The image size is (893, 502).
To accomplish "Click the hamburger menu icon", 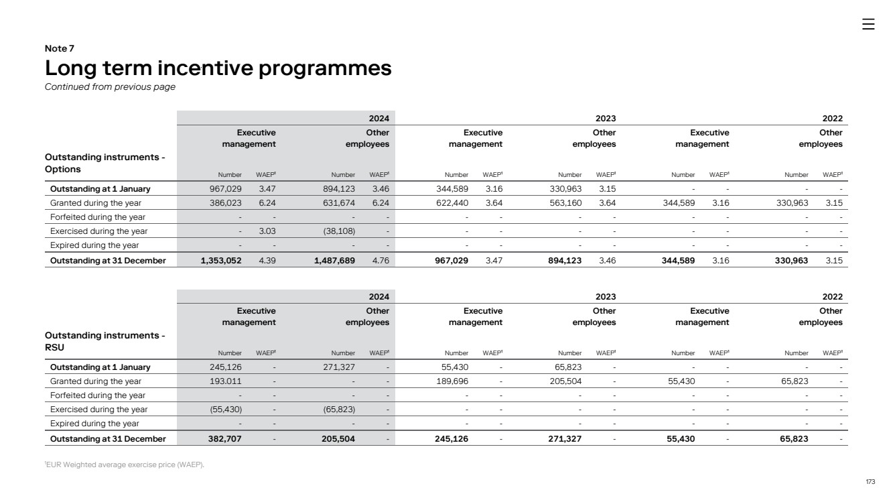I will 868,24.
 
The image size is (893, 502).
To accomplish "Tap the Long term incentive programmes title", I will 218,68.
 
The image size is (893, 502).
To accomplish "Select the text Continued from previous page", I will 110,86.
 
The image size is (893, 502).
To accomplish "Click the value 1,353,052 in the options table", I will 221,261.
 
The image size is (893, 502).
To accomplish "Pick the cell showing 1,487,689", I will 334,261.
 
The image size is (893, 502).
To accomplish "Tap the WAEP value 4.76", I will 381,261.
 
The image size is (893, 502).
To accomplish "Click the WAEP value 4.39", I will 267,261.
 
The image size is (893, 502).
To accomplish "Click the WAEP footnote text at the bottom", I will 124,466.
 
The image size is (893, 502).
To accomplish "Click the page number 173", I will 870,482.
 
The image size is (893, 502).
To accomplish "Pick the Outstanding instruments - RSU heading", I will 105,341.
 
